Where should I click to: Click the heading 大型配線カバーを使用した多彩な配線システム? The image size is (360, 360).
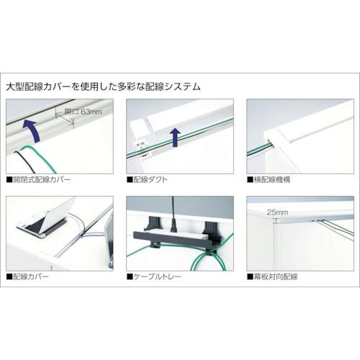click(x=103, y=86)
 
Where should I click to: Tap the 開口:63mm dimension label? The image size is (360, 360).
click(x=83, y=112)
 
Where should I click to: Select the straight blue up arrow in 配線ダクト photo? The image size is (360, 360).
click(x=176, y=137)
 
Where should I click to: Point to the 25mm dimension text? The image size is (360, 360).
click(x=277, y=212)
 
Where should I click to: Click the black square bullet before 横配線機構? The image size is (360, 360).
click(x=250, y=180)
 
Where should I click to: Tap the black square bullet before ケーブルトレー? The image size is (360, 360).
click(x=130, y=276)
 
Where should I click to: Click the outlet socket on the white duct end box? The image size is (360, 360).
click(x=140, y=145)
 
